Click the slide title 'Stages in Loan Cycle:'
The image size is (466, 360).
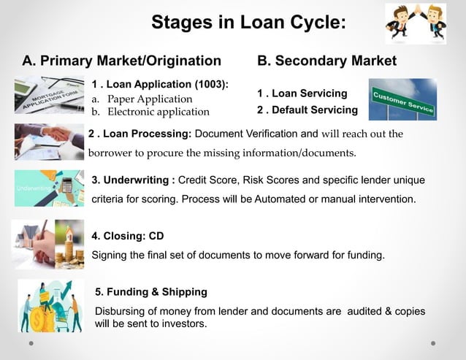(248, 23)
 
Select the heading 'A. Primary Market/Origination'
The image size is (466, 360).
(121, 61)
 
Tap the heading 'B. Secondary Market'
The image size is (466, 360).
(326, 61)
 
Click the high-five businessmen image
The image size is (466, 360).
(415, 23)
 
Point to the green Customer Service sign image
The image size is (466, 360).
(402, 99)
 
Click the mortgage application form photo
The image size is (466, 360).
(50, 96)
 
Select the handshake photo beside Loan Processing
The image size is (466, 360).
(49, 141)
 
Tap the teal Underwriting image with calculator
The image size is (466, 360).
(49, 188)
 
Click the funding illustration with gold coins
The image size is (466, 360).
(50, 306)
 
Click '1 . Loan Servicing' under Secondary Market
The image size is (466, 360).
(302, 93)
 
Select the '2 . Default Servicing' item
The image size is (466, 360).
(307, 110)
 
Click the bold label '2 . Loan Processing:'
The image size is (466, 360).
(140, 134)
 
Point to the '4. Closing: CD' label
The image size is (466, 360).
(128, 236)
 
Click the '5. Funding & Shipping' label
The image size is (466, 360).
(151, 292)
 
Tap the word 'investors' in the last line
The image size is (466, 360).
(180, 323)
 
